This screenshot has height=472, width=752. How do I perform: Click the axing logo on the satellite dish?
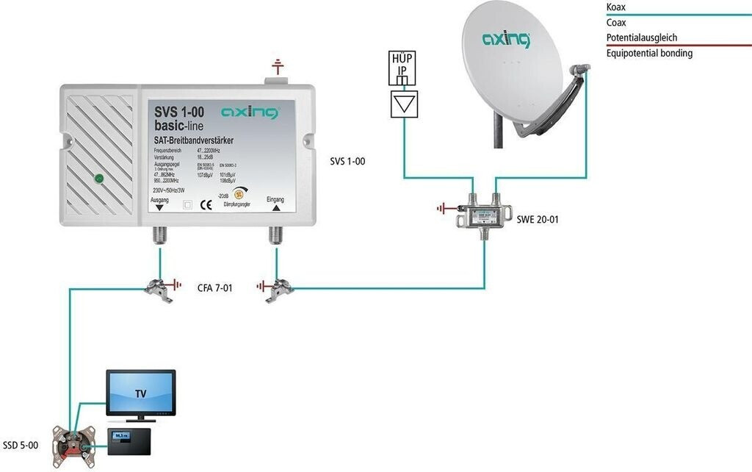506,39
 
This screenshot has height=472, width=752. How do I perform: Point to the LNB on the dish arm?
579,70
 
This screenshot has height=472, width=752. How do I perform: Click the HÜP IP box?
402,67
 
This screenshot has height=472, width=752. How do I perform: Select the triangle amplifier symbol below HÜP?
402,104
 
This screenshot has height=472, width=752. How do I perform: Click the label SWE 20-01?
533,219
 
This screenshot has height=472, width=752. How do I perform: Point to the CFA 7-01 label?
215,288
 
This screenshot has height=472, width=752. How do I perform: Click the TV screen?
140,393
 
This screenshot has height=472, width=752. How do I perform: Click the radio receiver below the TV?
129,438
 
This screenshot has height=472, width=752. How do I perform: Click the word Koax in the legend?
616,7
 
